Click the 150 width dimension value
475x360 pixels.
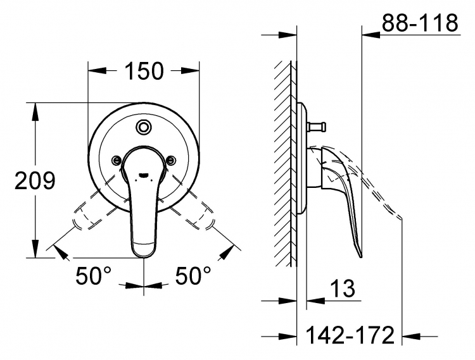[x=144, y=71]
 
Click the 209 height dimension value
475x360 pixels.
[x=35, y=180]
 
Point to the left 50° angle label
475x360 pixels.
[x=94, y=276]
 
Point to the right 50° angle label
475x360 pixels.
[x=193, y=276]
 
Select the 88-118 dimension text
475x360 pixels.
[x=420, y=23]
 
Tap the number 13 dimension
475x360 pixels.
[x=342, y=289]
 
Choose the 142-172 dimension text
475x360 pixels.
[x=350, y=335]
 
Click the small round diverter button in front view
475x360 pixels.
[x=143, y=127]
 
